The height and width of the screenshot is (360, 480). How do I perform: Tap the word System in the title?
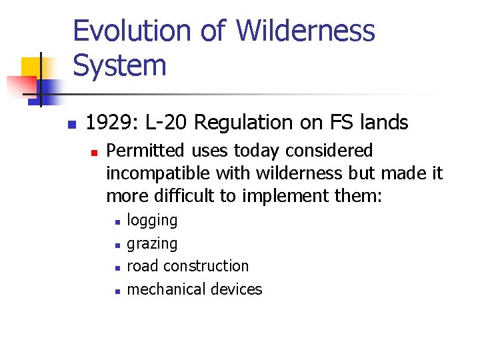pyautogui.click(x=119, y=66)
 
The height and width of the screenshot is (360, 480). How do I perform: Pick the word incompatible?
pyautogui.click(x=158, y=173)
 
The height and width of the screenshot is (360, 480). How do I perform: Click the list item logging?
pyautogui.click(x=152, y=221)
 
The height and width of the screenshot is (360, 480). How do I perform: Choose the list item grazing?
pyautogui.click(x=152, y=244)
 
